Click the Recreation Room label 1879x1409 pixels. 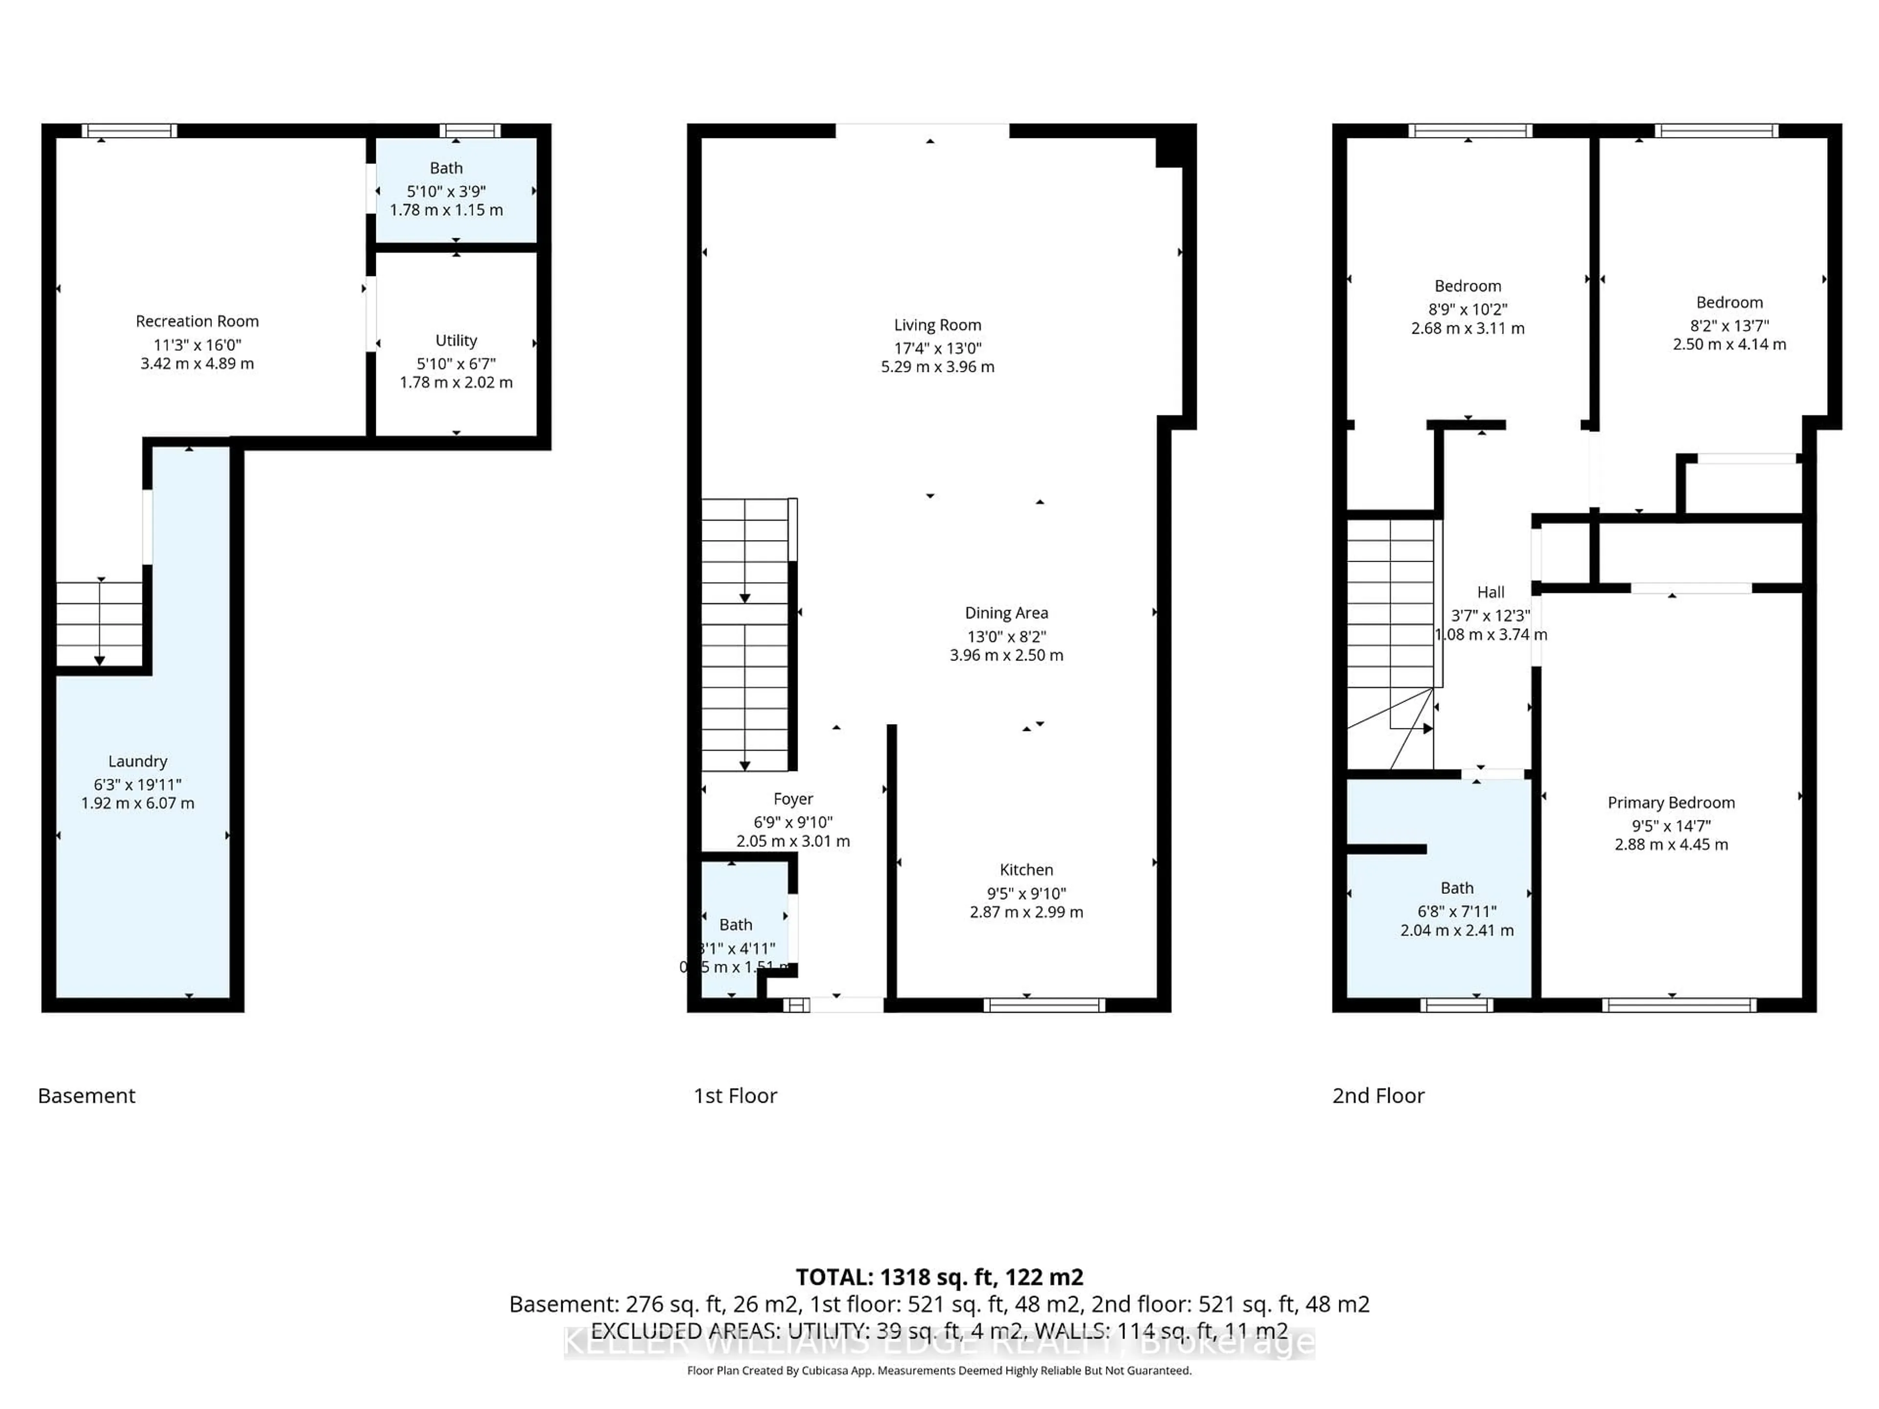[x=197, y=321]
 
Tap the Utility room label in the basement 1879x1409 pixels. [x=456, y=341]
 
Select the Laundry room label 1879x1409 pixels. [x=137, y=761]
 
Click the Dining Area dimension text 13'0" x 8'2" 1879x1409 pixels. [x=1007, y=636]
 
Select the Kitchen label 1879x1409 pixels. [x=1026, y=870]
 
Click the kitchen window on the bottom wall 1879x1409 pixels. [x=1044, y=1005]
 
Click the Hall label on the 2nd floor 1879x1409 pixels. [x=1490, y=592]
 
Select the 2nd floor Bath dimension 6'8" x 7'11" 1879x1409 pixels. [x=1457, y=911]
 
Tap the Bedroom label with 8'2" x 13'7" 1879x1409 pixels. [x=1729, y=302]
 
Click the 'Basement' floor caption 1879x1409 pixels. [x=87, y=1095]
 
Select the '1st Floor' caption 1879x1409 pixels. [x=735, y=1095]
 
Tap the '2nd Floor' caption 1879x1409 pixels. [x=1378, y=1095]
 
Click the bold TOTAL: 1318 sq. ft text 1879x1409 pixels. [x=939, y=1276]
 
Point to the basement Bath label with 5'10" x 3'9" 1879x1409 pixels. [x=446, y=168]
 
